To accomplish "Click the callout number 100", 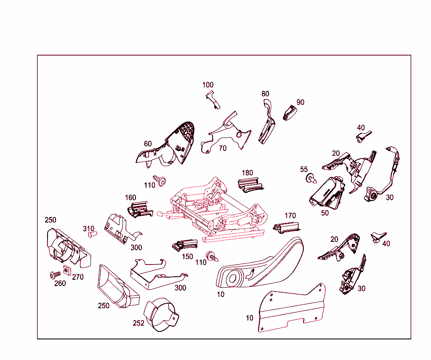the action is pos(208,85).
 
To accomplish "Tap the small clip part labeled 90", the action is pos(290,113).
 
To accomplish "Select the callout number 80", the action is pos(265,94).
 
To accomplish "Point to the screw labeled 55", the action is pos(311,178).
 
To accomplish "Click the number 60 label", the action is pos(148,143).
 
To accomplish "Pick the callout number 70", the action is pos(223,148).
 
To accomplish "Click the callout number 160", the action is pos(130,197).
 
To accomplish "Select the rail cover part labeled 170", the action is pos(287,228).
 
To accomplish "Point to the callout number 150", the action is pos(187,257).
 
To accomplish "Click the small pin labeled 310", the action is pos(92,234).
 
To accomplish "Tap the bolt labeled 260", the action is pos(55,275).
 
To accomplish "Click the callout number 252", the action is pos(138,323).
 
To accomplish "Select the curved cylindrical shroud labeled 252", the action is pos(161,315).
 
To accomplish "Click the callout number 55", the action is pos(304,169).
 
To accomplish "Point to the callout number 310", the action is pos(88,228).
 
